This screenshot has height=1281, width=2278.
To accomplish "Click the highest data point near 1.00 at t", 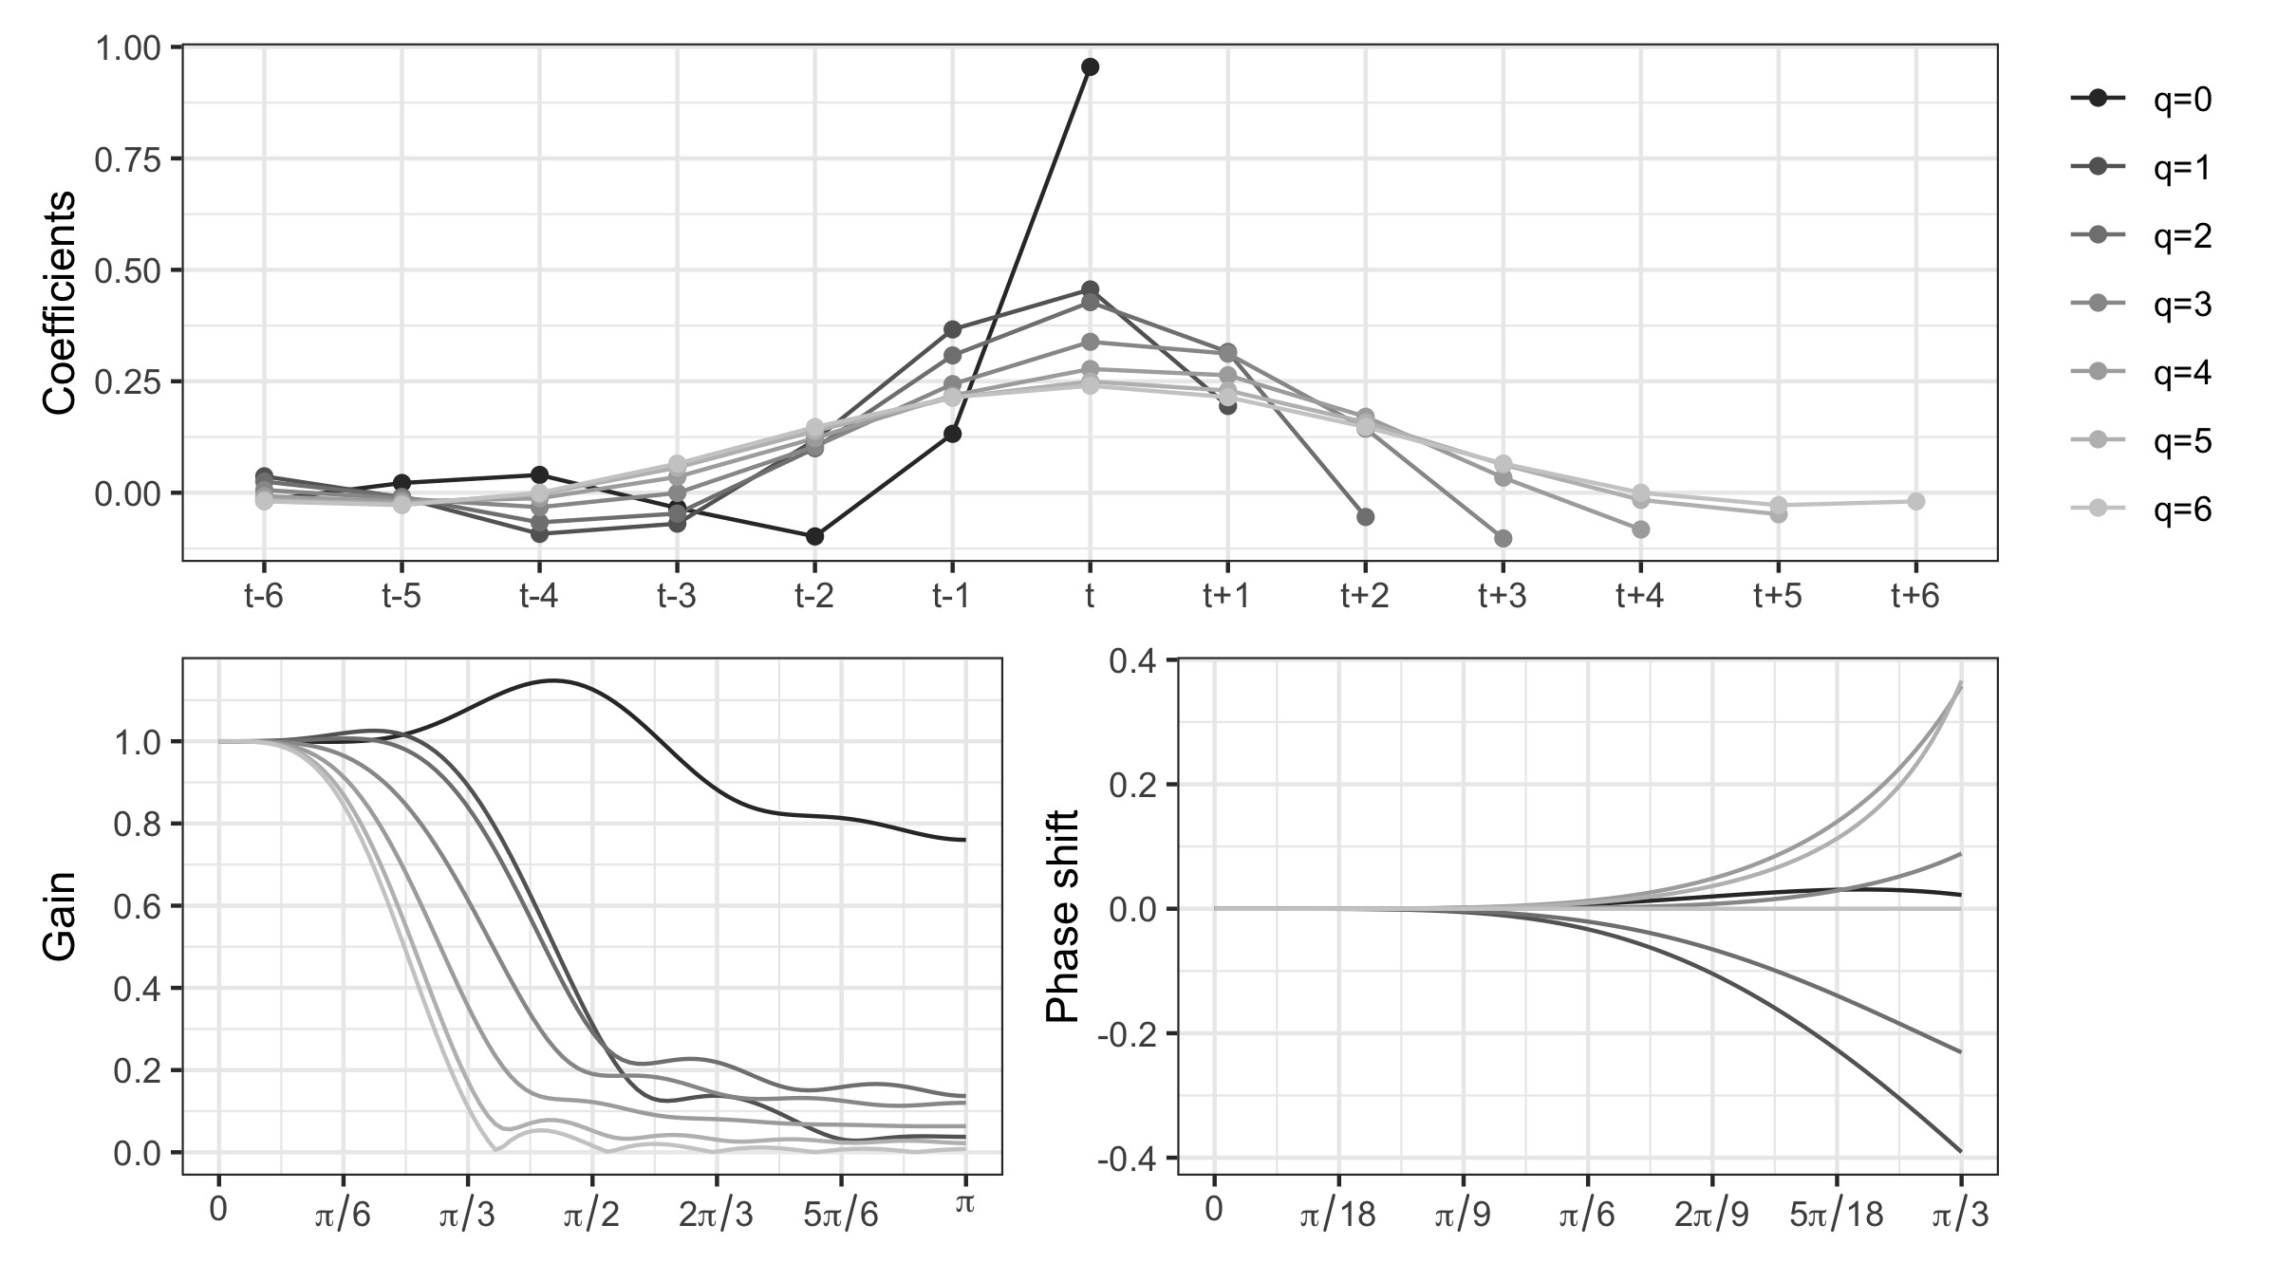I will point(1090,66).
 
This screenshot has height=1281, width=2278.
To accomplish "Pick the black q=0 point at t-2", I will point(814,537).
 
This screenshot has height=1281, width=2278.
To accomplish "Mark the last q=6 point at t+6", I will point(1915,501).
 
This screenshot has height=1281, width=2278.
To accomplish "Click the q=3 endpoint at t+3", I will point(1503,539).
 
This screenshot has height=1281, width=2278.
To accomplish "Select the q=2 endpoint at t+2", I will point(1365,517).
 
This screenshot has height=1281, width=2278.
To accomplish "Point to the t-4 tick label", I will point(538,596).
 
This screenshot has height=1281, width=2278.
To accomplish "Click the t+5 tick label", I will point(1777,596).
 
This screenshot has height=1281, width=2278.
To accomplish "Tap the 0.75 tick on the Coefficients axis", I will point(128,158).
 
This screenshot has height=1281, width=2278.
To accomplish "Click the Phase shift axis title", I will point(1063,917).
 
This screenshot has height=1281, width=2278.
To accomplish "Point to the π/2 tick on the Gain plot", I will point(591,1216).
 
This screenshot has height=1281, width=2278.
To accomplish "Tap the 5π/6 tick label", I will point(841,1216).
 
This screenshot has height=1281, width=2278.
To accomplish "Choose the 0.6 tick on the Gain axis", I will point(138,906).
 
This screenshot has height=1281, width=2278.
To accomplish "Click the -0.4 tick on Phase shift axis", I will point(1130,1159).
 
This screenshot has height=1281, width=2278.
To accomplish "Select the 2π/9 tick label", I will point(1711,1216).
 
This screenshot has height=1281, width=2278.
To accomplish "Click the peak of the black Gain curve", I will point(554,679).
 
